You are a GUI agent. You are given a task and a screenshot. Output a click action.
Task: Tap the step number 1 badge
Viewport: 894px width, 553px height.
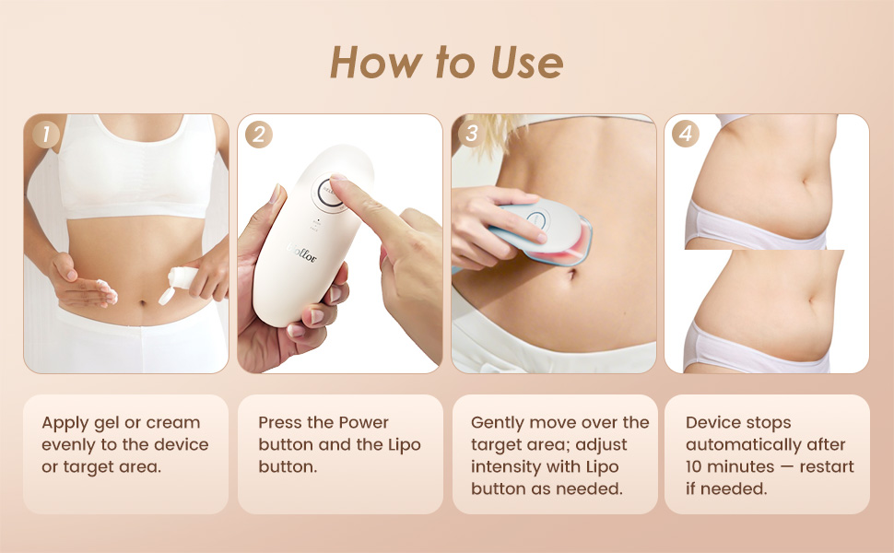[x=45, y=135]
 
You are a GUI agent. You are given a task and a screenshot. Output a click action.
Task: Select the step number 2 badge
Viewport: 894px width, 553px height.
[x=259, y=135]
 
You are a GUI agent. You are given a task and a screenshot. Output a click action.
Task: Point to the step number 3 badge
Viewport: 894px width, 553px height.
[x=472, y=134]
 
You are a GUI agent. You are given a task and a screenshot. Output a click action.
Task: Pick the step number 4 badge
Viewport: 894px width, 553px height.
[x=686, y=134]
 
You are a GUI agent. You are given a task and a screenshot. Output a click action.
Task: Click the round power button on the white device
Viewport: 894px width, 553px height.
[x=329, y=194]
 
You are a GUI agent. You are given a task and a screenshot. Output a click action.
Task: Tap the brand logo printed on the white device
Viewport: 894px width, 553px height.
[x=301, y=253]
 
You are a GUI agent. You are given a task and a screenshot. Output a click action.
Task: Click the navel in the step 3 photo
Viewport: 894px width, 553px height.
[x=571, y=275]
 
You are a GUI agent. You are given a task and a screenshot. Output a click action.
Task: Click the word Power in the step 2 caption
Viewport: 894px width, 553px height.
[x=364, y=422]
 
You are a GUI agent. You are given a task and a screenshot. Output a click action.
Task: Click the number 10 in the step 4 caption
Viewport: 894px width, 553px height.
[x=694, y=467]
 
